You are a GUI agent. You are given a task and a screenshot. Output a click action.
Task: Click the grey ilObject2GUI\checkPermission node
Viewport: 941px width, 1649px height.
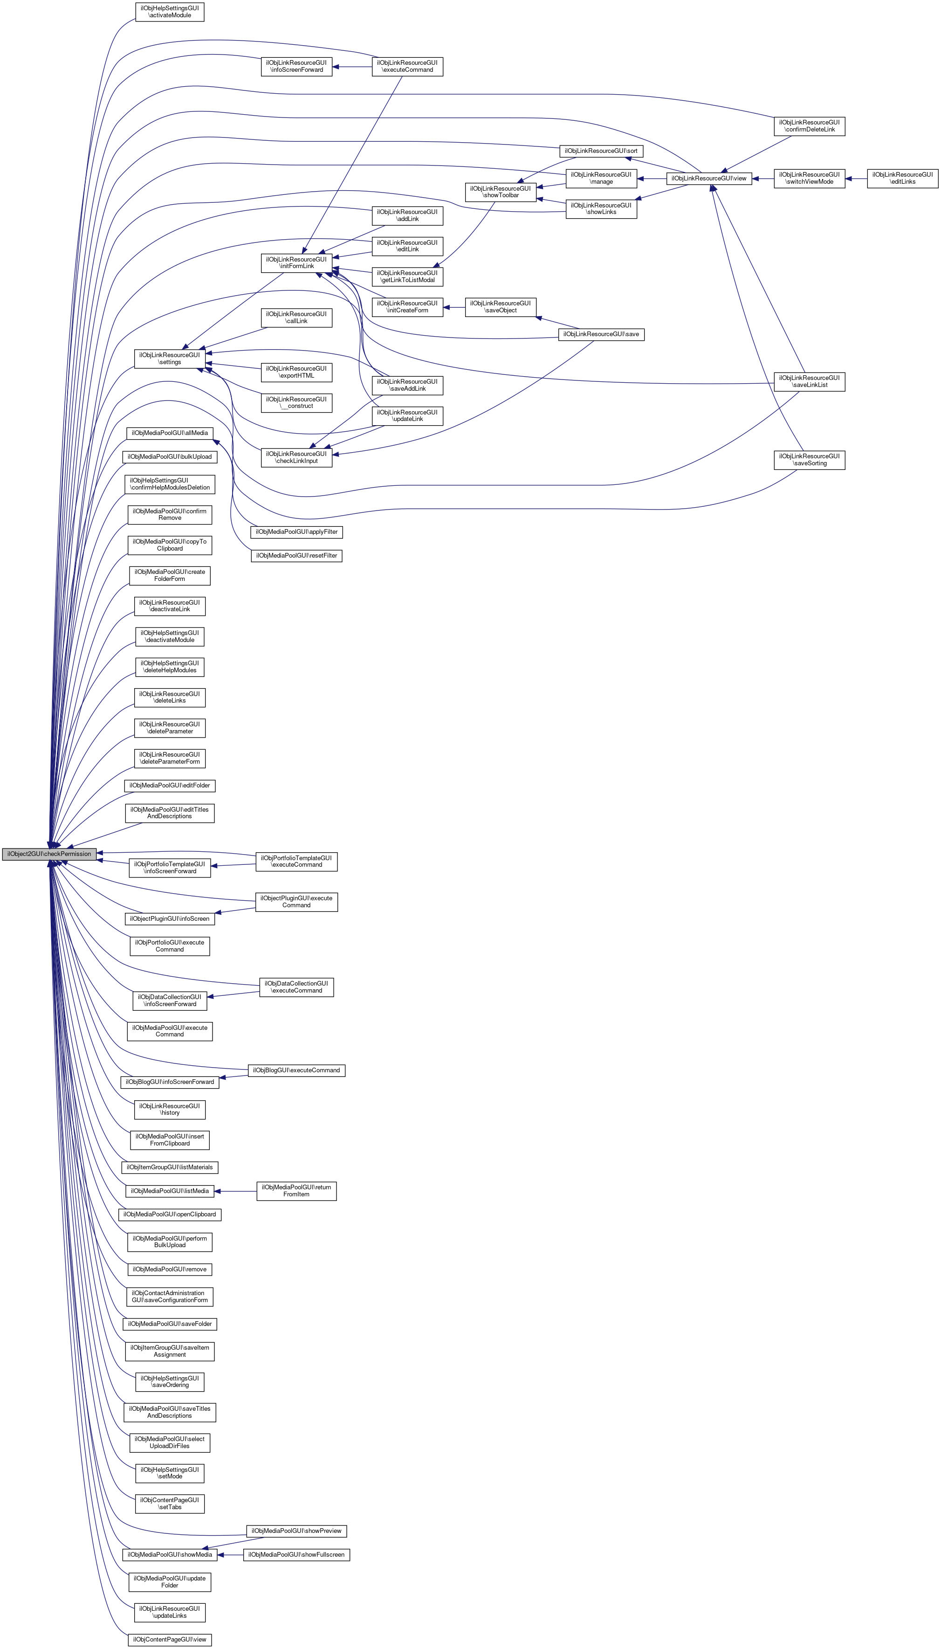point(49,854)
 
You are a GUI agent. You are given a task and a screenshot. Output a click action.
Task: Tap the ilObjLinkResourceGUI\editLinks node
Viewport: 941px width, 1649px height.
point(902,179)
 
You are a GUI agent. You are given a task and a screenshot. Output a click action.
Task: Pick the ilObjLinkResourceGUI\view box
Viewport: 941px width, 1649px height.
point(708,179)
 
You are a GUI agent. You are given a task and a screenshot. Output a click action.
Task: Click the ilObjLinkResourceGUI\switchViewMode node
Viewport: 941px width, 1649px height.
point(809,179)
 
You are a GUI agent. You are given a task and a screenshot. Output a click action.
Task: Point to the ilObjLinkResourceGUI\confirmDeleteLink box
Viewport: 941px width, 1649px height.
point(809,126)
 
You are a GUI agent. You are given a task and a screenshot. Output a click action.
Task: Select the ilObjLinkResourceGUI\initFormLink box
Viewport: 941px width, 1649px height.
point(296,263)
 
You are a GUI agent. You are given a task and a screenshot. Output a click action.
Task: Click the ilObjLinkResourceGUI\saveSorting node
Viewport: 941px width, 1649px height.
point(809,460)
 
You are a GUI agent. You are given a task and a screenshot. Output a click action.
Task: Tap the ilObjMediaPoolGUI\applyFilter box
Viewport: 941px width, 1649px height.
point(296,532)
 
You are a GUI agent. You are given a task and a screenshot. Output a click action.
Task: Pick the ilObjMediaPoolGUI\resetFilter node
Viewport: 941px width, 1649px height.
point(296,556)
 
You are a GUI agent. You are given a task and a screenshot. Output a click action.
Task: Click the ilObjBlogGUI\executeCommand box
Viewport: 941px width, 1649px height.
point(296,1070)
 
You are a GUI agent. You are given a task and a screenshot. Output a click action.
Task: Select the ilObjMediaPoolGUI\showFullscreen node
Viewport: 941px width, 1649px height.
point(296,1555)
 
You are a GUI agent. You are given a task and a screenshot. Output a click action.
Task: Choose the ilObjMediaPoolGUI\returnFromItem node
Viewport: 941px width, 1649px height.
point(296,1191)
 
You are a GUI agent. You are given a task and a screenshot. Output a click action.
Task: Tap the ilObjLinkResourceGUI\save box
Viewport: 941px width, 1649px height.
point(601,334)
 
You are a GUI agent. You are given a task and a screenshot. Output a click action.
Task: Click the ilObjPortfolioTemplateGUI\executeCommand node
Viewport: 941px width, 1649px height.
point(296,862)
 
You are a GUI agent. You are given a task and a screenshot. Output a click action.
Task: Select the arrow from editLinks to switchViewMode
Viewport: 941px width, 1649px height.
point(856,179)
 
